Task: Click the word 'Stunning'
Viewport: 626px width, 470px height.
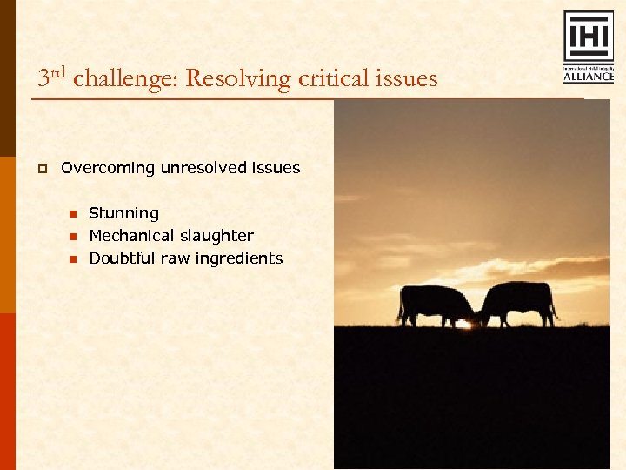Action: [124, 213]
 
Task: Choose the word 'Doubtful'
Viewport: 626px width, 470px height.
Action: [123, 258]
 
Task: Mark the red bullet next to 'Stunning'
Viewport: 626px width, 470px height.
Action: [73, 214]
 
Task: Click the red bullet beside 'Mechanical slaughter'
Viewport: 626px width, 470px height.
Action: [73, 237]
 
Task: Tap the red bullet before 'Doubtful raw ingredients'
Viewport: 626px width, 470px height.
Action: [73, 259]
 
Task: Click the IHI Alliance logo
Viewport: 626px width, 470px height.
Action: [589, 47]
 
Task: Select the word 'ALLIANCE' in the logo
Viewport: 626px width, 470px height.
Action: [589, 77]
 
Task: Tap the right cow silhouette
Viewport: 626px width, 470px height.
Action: [519, 301]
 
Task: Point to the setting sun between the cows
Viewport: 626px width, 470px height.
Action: [476, 323]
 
